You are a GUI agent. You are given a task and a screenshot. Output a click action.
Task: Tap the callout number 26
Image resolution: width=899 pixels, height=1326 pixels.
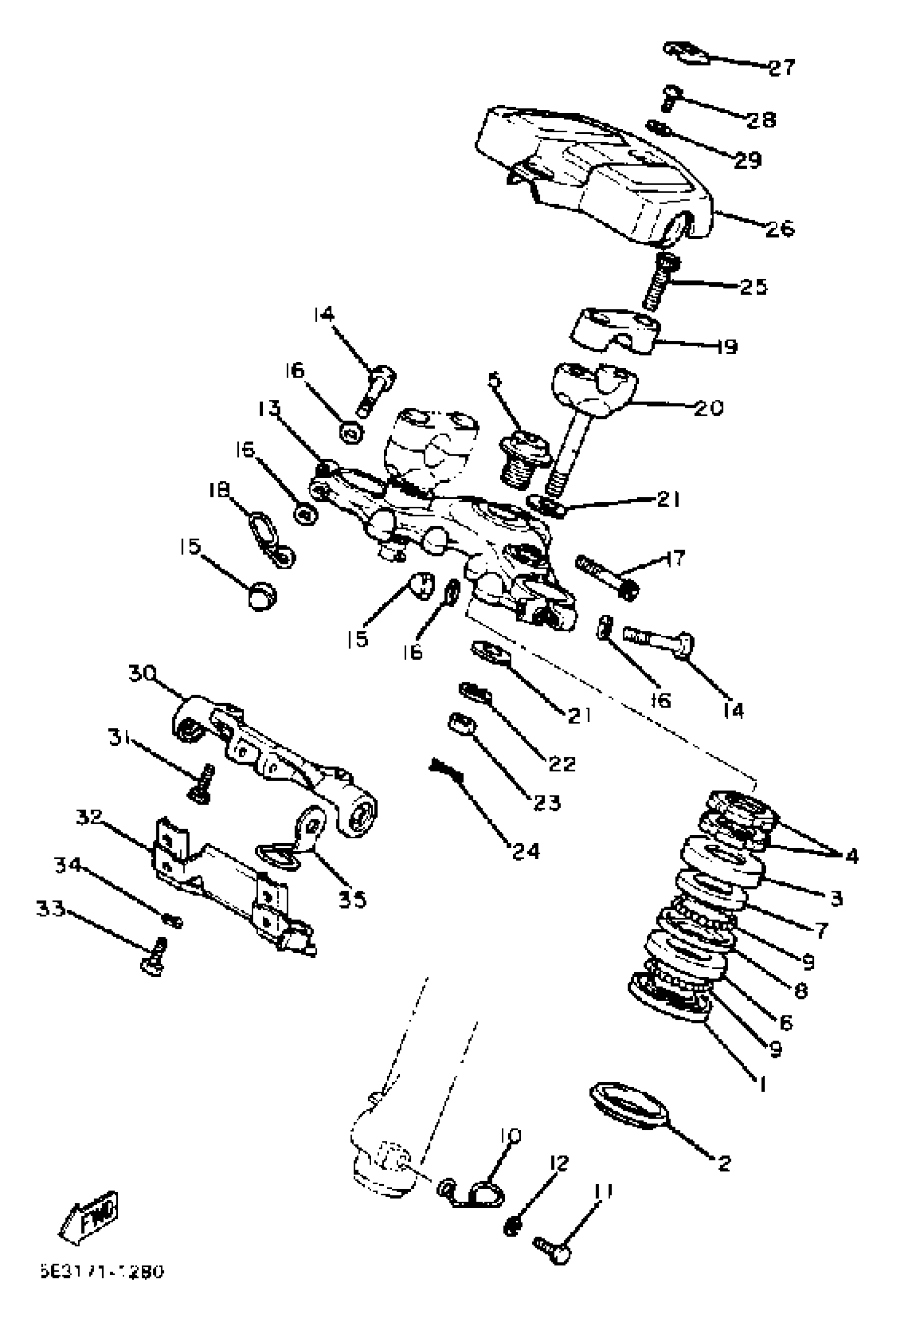[x=779, y=229]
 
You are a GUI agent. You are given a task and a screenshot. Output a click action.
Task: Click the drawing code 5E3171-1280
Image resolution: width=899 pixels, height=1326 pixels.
[x=101, y=1272]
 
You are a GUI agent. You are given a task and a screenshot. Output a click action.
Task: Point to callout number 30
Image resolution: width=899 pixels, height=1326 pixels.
[x=142, y=674]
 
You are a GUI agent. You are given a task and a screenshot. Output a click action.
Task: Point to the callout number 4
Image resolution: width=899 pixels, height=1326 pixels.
[x=850, y=856]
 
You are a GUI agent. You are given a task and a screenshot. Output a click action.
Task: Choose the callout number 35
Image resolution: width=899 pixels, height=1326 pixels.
[x=352, y=899]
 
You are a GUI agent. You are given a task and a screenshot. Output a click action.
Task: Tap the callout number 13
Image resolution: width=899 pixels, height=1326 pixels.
[x=269, y=408]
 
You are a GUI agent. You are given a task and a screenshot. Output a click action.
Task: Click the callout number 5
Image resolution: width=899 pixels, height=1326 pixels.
[x=494, y=379]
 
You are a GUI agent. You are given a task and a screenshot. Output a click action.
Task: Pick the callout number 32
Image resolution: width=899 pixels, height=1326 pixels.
[x=89, y=817]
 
